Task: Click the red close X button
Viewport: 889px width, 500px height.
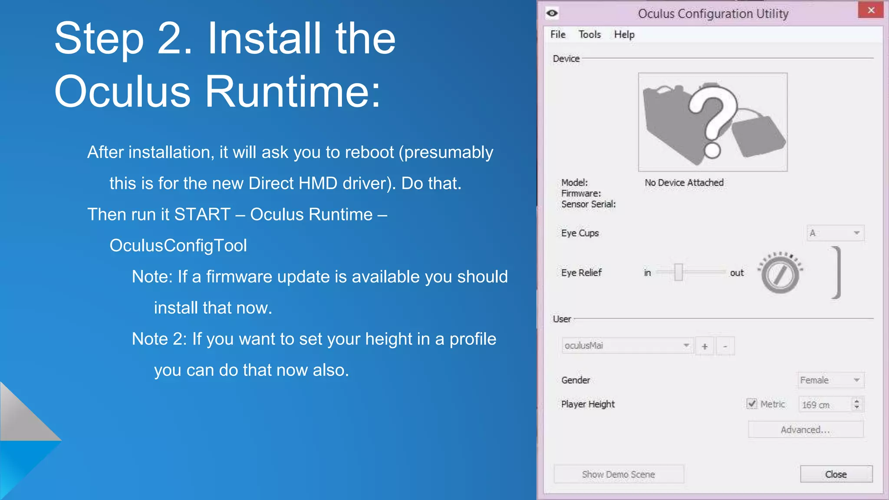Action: [870, 10]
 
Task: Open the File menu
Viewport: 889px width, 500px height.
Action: [558, 34]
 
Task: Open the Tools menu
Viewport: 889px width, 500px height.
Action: [589, 34]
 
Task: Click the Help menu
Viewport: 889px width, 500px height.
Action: [624, 34]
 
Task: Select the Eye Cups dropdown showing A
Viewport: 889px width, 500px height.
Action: [835, 233]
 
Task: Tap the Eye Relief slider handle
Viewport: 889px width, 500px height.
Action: [678, 273]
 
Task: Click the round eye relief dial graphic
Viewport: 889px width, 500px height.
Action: [780, 274]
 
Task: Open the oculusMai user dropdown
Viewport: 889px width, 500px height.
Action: [627, 345]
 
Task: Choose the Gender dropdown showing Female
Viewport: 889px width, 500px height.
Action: [830, 380]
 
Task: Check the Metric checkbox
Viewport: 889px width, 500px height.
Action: [752, 404]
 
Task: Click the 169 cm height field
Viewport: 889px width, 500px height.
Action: [825, 405]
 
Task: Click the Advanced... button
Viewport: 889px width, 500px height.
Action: [805, 430]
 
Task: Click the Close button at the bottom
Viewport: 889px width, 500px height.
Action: [836, 474]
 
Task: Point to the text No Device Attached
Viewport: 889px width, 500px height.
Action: [684, 183]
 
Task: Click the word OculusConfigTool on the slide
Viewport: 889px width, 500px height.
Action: [178, 246]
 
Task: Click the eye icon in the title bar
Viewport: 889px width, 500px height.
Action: [552, 13]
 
